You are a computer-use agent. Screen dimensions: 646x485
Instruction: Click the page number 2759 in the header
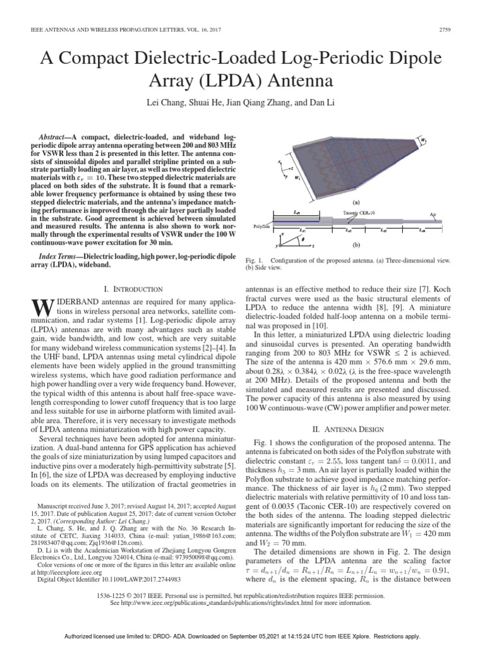(446, 29)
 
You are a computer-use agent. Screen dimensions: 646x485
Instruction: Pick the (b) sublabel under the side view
(356, 244)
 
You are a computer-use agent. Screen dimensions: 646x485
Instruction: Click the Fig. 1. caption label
(254, 260)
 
